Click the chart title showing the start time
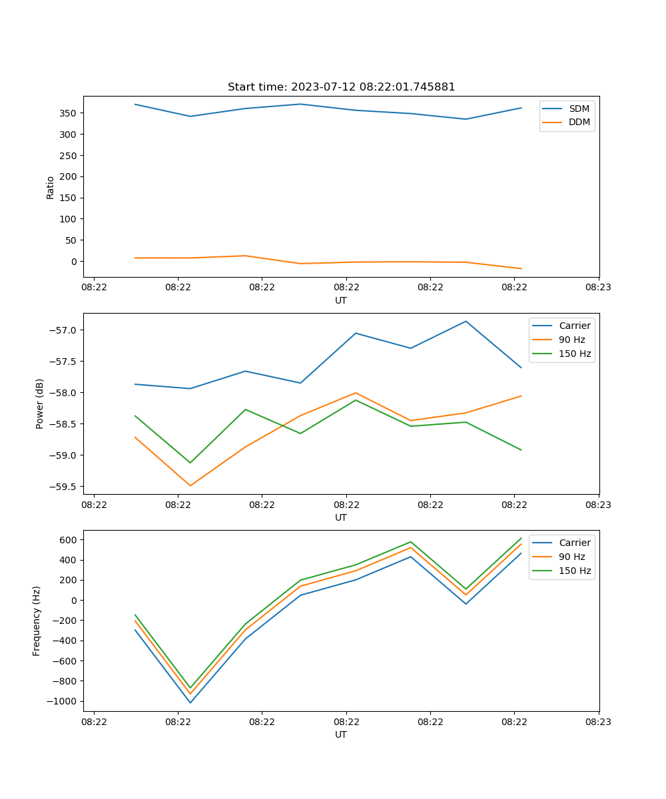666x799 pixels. click(341, 87)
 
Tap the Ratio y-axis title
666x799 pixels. click(51, 187)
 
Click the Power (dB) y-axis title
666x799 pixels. click(40, 403)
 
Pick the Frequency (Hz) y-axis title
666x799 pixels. click(37, 621)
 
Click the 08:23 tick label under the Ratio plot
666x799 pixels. click(599, 288)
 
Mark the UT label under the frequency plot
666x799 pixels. click(341, 734)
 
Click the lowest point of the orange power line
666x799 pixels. click(190, 485)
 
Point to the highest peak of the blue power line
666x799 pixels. click(466, 322)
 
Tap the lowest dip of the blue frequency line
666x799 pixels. click(190, 702)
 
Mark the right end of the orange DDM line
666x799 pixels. click(521, 268)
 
